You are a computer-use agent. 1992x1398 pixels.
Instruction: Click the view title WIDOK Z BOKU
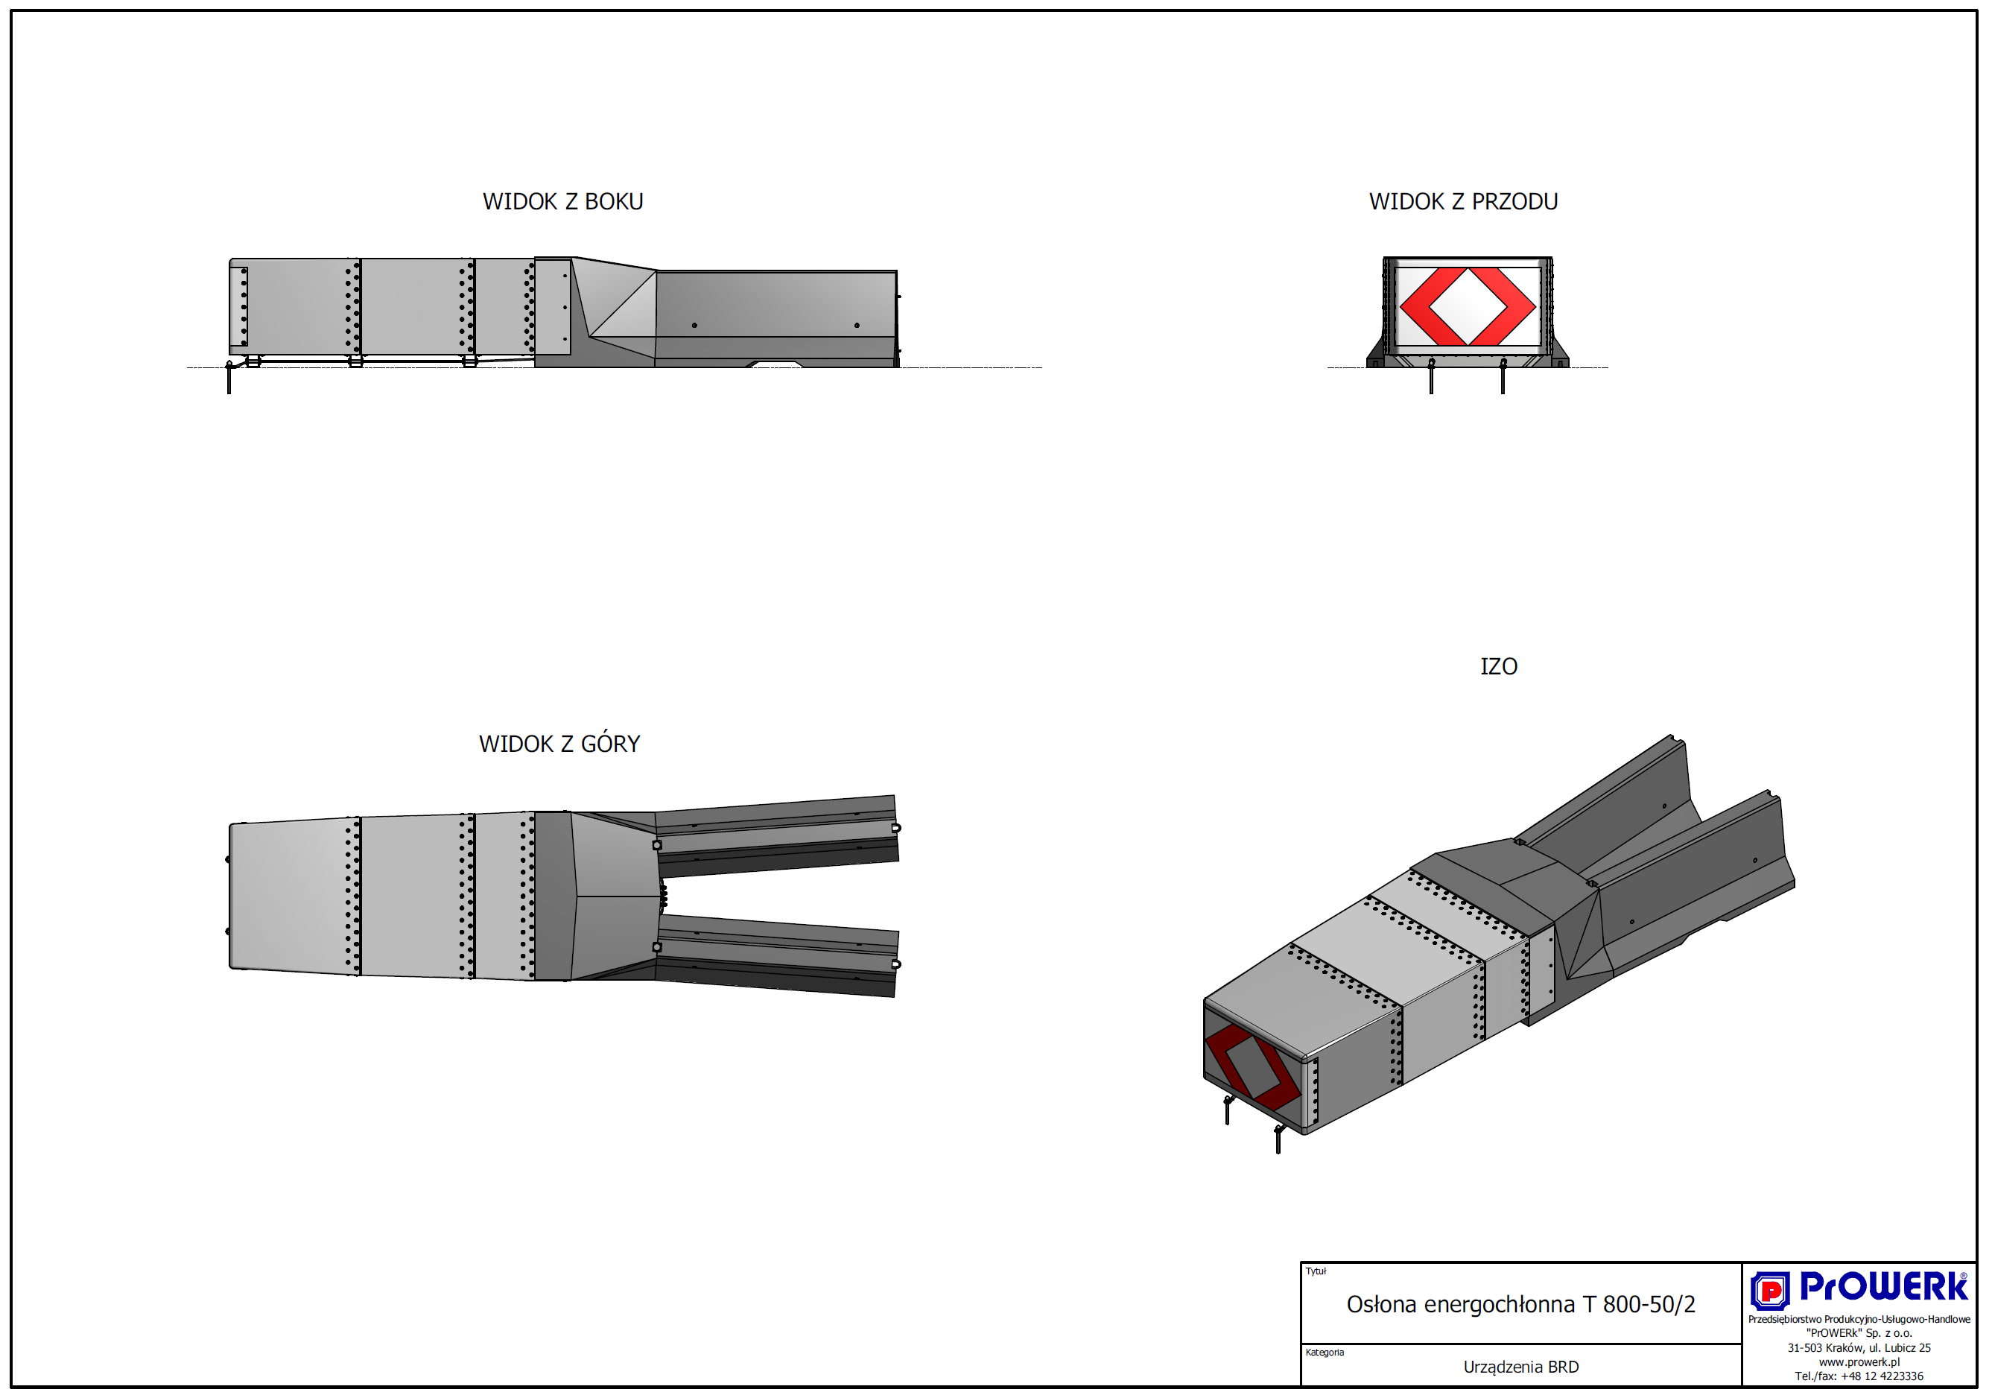(x=563, y=201)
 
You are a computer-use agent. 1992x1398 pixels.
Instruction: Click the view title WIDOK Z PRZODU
(x=1463, y=201)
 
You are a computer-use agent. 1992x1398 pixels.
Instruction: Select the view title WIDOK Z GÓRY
(x=559, y=743)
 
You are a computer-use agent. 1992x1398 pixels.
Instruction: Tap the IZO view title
(x=1498, y=666)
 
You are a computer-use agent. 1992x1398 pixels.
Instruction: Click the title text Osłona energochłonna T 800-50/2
(x=1520, y=1304)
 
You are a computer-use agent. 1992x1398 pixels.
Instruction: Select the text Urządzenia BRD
(x=1521, y=1367)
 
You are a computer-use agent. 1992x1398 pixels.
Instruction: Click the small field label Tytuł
(x=1316, y=1271)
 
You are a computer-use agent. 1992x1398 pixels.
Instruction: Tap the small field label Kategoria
(x=1325, y=1352)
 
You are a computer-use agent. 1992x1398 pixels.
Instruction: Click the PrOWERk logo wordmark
(x=1883, y=1286)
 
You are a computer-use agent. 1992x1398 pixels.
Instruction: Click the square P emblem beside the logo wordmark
(x=1770, y=1291)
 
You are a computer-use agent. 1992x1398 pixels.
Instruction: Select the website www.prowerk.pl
(x=1859, y=1361)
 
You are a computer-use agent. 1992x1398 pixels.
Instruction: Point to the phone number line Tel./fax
(x=1859, y=1376)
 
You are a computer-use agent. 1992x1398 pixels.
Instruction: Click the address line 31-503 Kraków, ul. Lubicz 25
(x=1859, y=1347)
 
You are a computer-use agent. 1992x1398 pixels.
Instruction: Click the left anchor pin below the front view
(x=1432, y=376)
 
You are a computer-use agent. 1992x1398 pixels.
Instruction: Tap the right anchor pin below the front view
(x=1503, y=376)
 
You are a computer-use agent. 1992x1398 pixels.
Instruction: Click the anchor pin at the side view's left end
(x=229, y=378)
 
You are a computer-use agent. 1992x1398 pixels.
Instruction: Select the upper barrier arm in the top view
(x=776, y=835)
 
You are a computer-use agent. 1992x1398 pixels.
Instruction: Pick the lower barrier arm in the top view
(x=776, y=956)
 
